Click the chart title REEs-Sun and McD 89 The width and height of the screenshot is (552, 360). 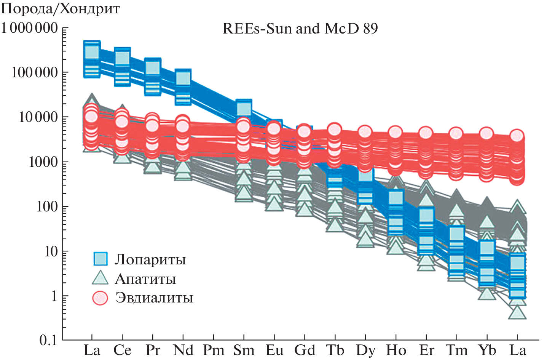point(300,29)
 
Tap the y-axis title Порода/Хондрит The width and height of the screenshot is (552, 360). point(61,9)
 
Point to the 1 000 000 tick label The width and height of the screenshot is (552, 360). point(29,28)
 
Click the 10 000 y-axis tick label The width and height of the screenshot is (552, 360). point(38,117)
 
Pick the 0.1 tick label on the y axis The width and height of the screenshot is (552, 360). point(48,340)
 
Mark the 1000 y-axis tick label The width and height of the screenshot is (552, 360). point(43,162)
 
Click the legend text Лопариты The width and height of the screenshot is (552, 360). point(150,259)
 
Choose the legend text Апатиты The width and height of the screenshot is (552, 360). point(145,279)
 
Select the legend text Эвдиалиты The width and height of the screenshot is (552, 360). point(154,298)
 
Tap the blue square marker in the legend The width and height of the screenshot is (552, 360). point(101,259)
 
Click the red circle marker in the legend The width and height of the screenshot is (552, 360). point(101,298)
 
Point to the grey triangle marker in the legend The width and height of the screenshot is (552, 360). point(101,278)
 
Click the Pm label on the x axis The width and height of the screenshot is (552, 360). point(213,350)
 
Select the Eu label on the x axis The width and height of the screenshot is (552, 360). point(274,350)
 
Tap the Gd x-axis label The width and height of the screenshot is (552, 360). point(305,350)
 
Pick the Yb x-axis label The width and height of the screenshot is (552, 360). point(487,350)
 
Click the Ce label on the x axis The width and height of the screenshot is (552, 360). point(122,350)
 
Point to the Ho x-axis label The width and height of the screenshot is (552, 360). point(396,350)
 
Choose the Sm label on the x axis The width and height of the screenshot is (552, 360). point(244,350)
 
